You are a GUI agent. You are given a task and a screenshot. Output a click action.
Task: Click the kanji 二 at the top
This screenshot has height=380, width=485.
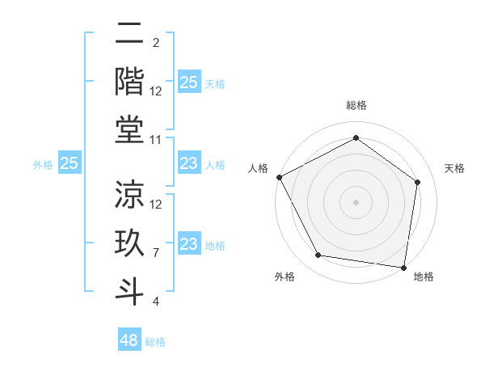129,35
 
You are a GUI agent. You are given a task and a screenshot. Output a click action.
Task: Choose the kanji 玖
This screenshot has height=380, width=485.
129,243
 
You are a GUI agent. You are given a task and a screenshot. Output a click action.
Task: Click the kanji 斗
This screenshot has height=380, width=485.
129,289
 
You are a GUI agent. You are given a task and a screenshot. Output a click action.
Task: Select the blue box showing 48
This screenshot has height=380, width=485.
129,340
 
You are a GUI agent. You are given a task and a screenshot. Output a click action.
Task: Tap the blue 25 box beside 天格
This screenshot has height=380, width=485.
188,82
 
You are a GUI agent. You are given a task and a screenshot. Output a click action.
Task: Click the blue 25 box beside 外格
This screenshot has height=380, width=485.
70,164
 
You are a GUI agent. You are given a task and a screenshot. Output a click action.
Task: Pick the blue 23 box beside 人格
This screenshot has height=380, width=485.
188,164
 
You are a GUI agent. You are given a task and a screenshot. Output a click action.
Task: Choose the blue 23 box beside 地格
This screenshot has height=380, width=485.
188,245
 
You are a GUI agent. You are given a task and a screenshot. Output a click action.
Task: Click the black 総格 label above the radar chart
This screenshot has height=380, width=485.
356,106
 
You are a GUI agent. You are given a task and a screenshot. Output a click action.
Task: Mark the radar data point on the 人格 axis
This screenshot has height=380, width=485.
279,177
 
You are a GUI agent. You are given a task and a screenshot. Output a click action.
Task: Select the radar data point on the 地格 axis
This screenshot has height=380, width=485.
403,267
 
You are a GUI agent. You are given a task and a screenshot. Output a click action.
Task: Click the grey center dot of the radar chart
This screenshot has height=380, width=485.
356,202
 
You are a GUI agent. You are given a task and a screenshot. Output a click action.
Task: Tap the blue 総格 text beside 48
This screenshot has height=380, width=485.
155,342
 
